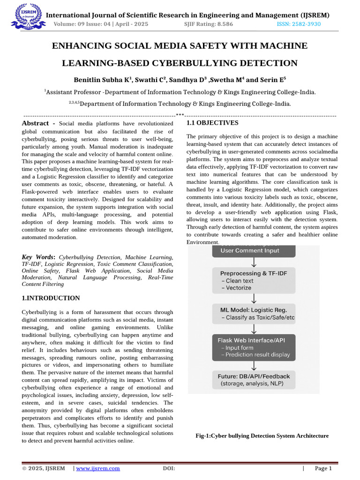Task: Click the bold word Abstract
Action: point(35,123)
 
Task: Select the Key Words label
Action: point(38,257)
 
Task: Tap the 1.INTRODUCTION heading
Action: point(51,298)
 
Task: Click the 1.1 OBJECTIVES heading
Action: point(212,123)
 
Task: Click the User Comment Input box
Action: point(254,251)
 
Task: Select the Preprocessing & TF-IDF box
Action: point(254,280)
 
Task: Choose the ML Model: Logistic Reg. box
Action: point(254,313)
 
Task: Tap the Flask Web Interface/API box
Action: point(254,347)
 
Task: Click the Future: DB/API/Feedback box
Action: point(254,380)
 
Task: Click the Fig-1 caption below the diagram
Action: point(262,436)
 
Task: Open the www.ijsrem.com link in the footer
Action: point(98,468)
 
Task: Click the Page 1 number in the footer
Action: point(323,468)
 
